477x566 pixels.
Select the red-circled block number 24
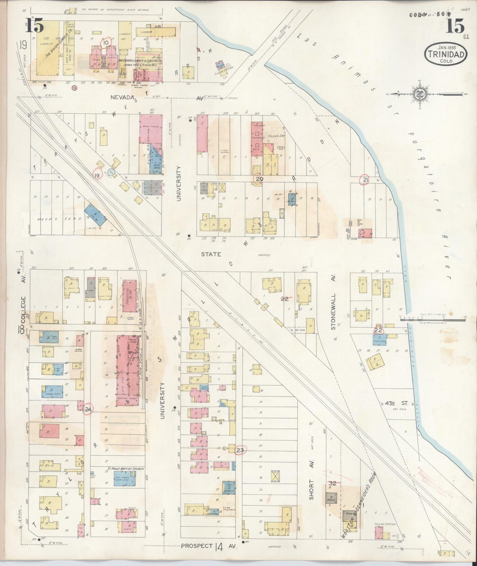pyautogui.click(x=88, y=409)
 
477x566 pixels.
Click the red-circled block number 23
pyautogui.click(x=240, y=450)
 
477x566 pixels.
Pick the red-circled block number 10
pyautogui.click(x=106, y=43)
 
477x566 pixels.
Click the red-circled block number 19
pyautogui.click(x=97, y=175)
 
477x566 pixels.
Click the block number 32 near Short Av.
pyautogui.click(x=332, y=483)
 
